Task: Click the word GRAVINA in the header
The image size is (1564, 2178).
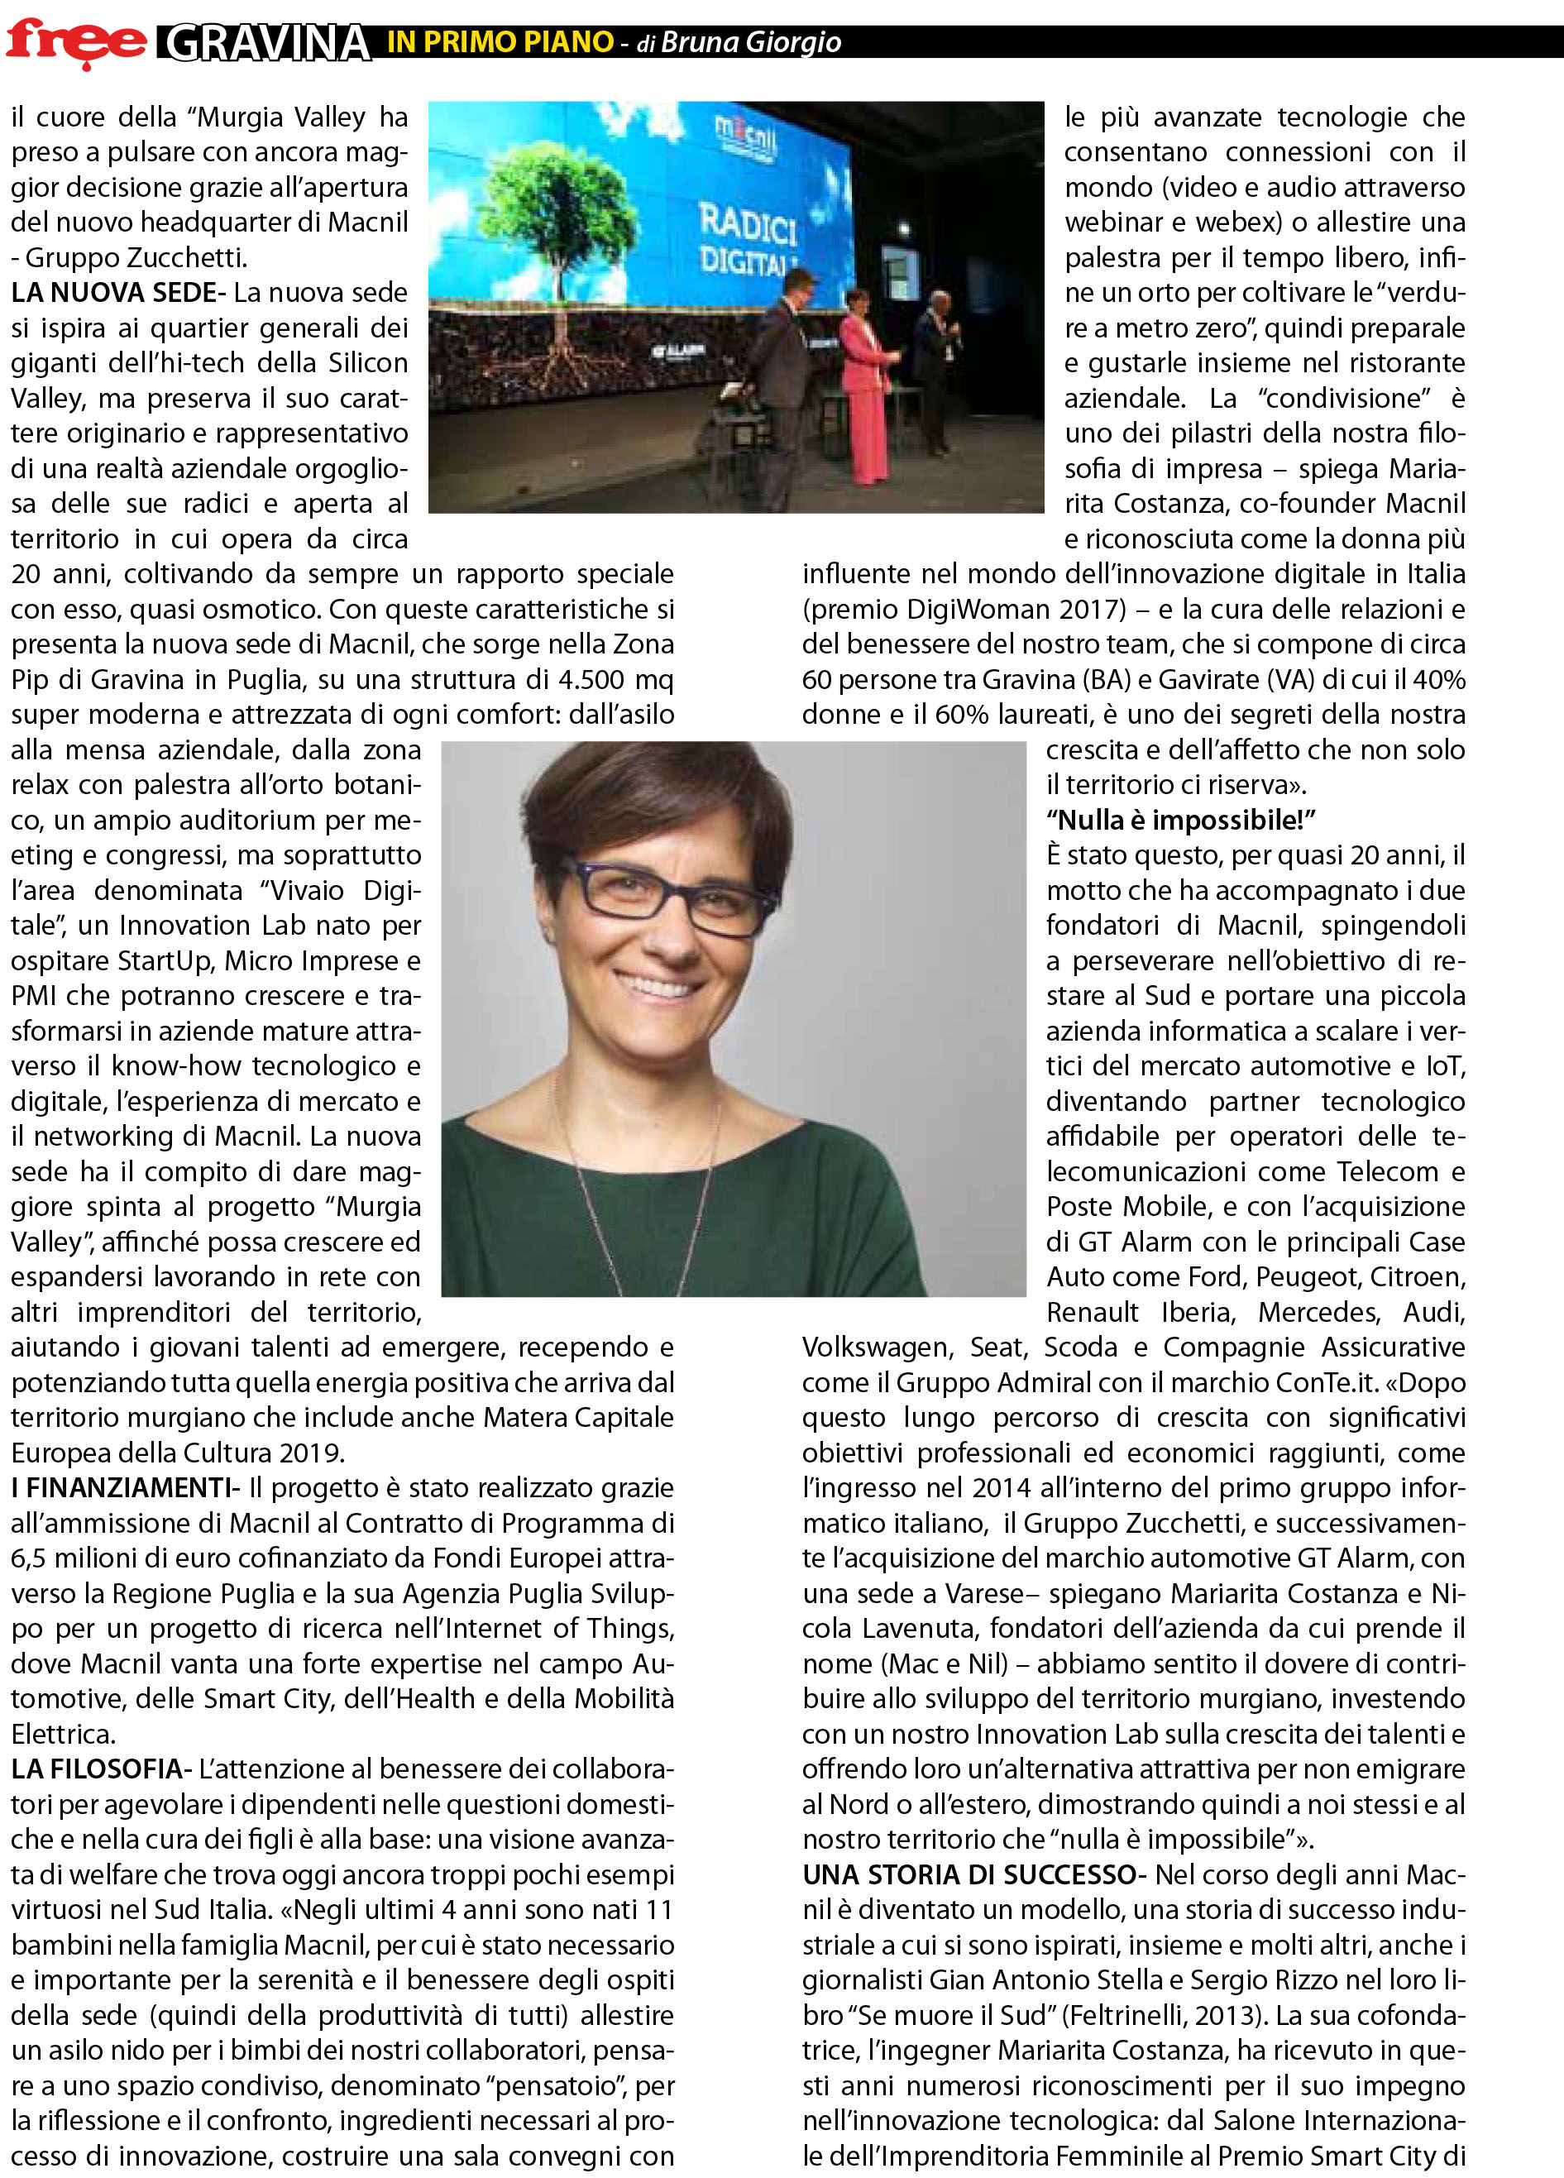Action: tap(267, 43)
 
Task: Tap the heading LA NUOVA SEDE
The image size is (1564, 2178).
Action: tap(114, 292)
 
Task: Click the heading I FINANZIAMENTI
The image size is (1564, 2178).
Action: tap(122, 1487)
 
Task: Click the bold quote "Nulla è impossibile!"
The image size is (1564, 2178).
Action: tap(1180, 819)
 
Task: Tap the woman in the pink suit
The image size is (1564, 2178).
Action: tap(864, 384)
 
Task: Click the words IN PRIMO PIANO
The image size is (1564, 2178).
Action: tap(500, 41)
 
